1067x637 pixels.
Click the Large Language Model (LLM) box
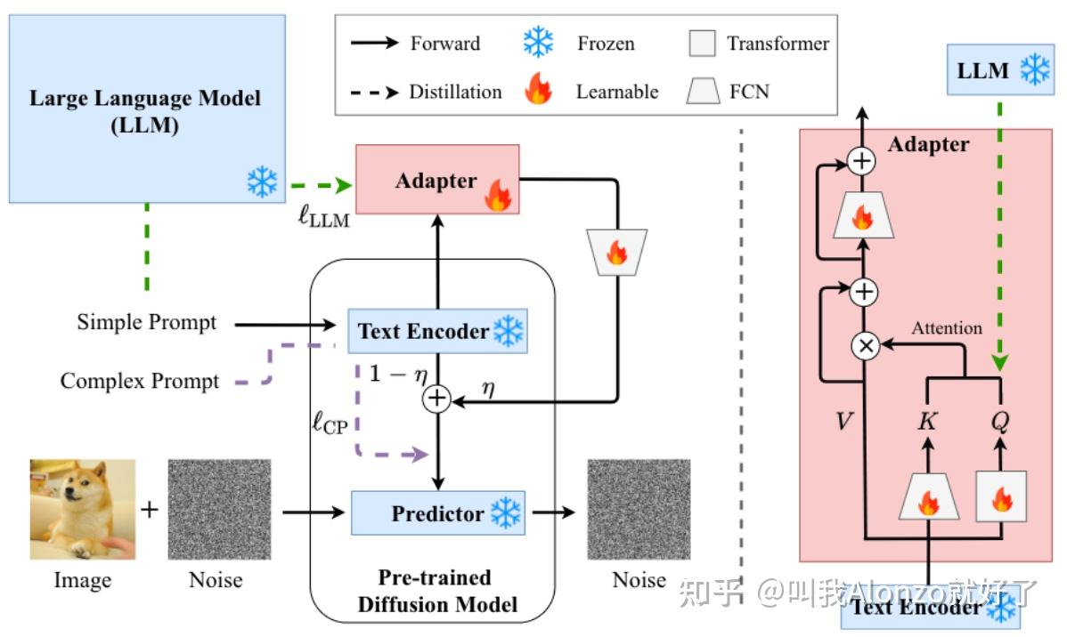point(146,109)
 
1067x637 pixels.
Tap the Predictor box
point(437,513)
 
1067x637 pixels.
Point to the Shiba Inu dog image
point(82,509)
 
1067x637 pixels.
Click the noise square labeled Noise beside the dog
point(218,509)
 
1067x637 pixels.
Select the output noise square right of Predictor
point(639,509)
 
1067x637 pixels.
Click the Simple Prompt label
point(146,322)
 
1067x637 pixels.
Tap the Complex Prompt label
point(139,382)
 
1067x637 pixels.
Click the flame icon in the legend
point(538,91)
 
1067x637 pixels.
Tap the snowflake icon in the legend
point(538,43)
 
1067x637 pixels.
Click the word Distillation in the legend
point(455,92)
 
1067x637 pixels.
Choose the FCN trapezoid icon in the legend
point(703,91)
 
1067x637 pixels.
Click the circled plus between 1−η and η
point(436,399)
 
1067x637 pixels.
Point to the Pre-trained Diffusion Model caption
point(436,591)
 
